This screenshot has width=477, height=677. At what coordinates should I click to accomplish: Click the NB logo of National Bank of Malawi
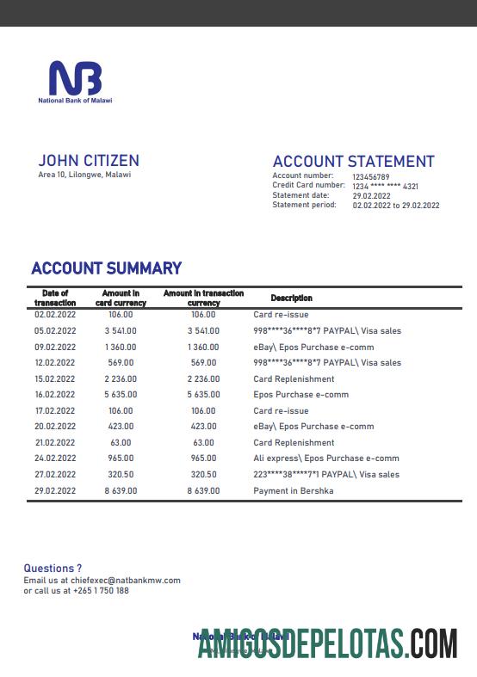[x=75, y=78]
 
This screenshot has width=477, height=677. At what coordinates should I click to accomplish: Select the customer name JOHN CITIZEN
[x=89, y=161]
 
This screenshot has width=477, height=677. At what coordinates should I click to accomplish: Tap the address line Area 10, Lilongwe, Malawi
[x=84, y=175]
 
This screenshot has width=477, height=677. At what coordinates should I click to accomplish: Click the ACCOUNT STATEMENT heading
[x=353, y=162]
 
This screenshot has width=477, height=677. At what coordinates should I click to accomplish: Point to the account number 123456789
[x=371, y=176]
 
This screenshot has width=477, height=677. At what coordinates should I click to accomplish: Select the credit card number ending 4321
[x=385, y=186]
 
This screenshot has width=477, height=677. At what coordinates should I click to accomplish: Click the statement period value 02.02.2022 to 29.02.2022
[x=396, y=206]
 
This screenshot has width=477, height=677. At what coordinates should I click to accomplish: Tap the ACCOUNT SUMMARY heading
[x=106, y=268]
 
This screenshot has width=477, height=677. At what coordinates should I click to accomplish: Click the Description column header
[x=291, y=298]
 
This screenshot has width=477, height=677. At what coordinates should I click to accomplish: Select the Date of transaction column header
[x=55, y=298]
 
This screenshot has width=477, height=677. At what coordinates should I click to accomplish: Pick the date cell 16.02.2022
[x=55, y=395]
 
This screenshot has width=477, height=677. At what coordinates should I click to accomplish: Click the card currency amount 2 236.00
[x=120, y=379]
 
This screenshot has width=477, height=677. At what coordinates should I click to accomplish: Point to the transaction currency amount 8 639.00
[x=203, y=491]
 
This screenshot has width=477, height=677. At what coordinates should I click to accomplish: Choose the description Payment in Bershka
[x=293, y=491]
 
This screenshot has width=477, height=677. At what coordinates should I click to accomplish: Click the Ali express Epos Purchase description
[x=325, y=459]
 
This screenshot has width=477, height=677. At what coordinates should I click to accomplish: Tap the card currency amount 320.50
[x=120, y=475]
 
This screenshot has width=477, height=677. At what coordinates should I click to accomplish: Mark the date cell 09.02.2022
[x=55, y=347]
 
